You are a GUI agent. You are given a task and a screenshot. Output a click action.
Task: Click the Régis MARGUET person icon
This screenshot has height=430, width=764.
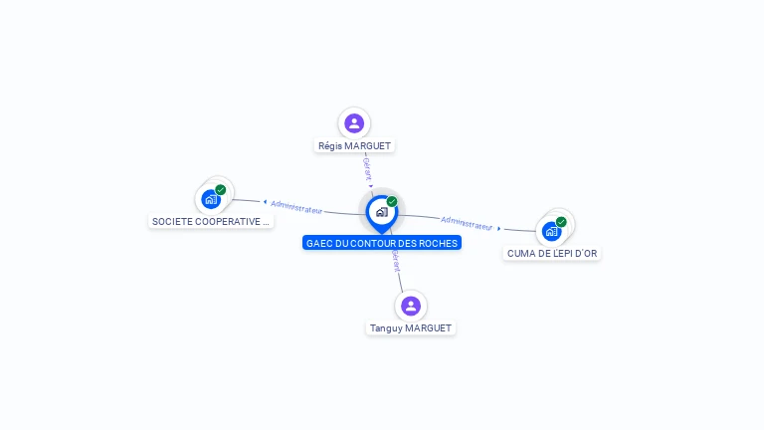353,123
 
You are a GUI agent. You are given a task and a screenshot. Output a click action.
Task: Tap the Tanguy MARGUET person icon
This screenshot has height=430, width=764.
410,306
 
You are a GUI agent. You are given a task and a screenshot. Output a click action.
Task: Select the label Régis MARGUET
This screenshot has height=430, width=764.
354,145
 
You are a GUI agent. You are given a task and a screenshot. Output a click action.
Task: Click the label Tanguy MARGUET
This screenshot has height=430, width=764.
411,327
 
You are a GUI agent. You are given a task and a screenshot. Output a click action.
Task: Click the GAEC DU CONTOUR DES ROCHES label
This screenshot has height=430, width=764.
382,243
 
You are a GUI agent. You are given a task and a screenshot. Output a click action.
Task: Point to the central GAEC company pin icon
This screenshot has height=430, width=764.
381,212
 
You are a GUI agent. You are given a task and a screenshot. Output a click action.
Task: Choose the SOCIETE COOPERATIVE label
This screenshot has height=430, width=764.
211,221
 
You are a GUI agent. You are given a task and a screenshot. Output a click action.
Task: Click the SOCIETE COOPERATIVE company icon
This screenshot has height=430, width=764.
210,199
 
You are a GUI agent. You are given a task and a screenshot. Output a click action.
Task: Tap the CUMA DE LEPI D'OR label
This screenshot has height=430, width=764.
552,253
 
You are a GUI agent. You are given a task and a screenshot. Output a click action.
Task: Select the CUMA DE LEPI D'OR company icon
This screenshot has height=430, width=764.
551,231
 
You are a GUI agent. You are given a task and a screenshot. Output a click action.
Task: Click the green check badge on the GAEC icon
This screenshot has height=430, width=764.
392,202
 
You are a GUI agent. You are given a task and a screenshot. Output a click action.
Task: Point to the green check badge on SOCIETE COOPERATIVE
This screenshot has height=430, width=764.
221,189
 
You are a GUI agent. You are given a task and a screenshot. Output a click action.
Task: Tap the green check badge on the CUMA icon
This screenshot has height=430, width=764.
561,222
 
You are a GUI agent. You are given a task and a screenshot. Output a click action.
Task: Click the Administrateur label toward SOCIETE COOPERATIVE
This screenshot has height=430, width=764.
296,207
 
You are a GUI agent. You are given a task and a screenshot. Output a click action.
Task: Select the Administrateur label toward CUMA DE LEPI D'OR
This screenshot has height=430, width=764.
468,223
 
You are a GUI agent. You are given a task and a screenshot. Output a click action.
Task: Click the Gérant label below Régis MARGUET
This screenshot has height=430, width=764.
367,168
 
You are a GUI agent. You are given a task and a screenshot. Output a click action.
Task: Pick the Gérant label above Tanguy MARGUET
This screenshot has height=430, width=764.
396,261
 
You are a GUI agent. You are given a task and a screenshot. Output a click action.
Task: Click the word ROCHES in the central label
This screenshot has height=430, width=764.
439,243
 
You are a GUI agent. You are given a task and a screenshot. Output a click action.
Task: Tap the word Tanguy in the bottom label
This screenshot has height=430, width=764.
386,327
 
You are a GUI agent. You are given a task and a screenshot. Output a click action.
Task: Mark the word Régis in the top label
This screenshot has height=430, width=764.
328,145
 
